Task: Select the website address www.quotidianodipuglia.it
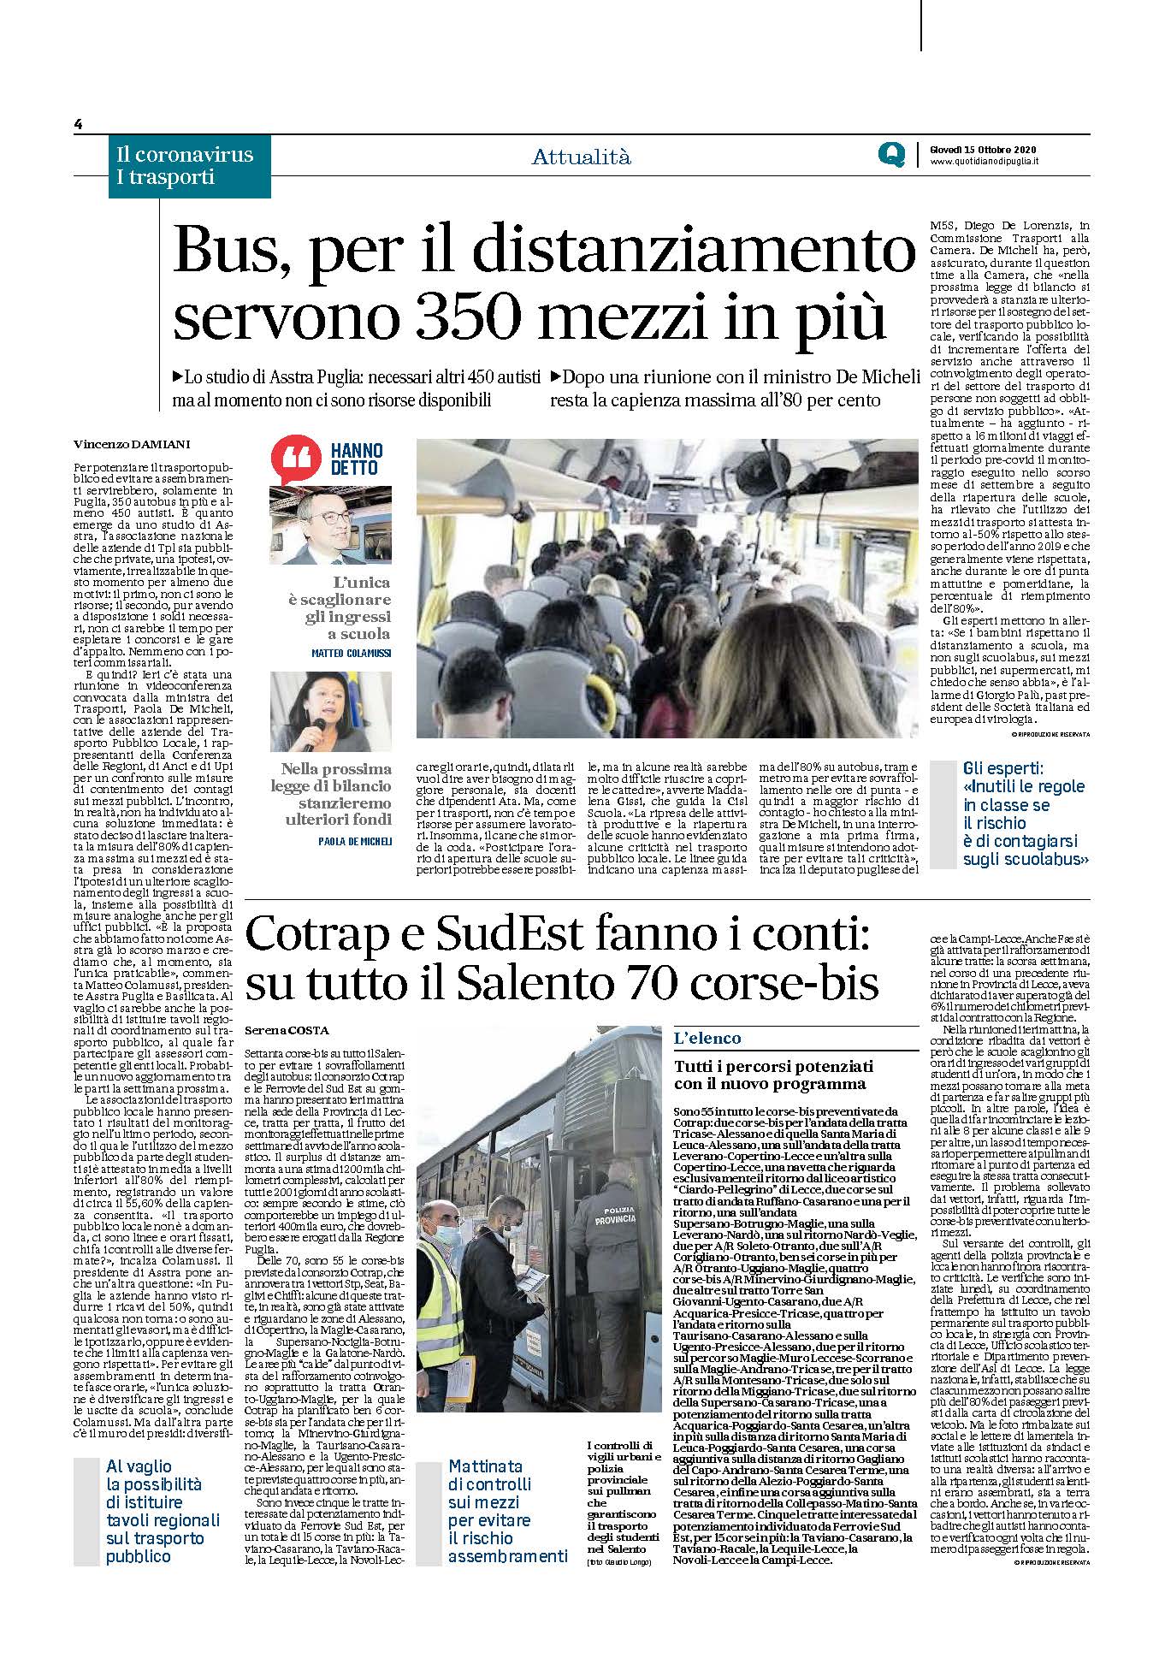point(984,163)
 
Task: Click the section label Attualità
point(581,157)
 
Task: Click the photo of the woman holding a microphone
point(331,712)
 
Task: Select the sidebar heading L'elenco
point(707,1038)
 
